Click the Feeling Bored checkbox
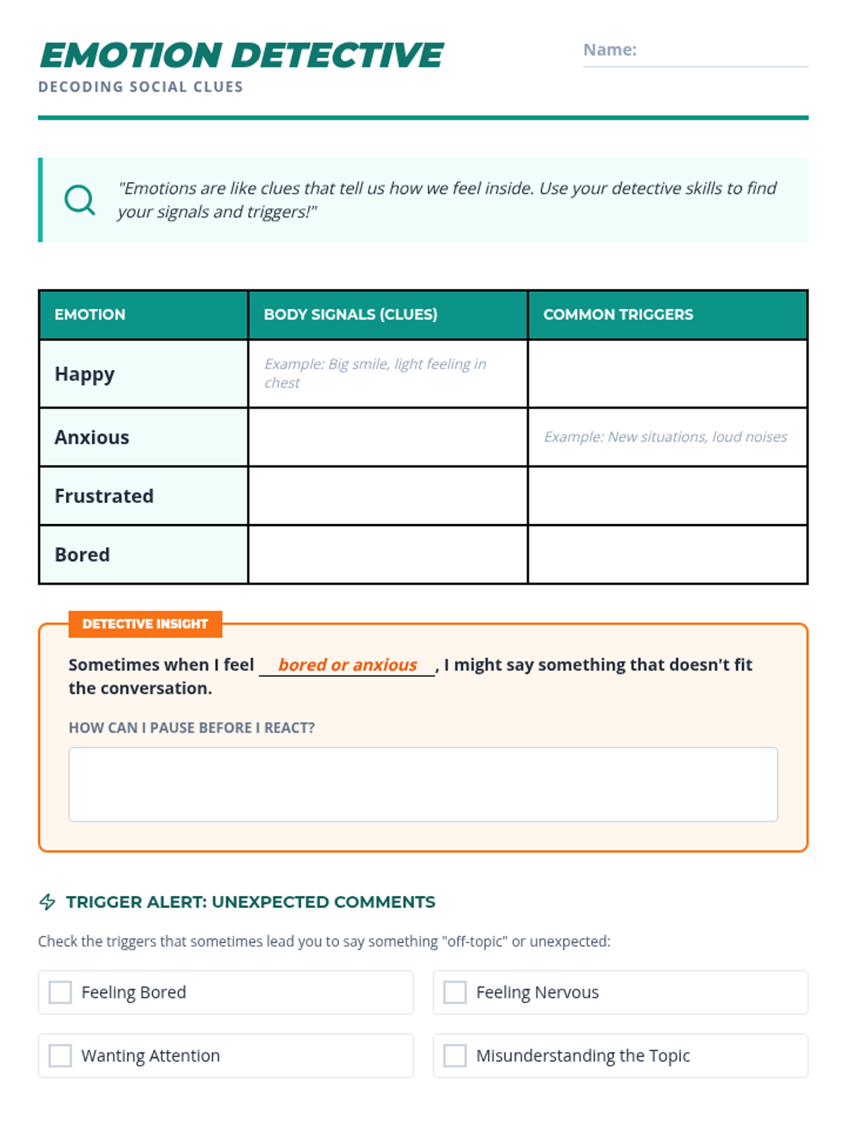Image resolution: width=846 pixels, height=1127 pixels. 61,992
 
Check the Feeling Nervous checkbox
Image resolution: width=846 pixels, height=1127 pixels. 455,992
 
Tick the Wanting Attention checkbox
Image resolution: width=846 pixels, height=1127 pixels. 61,1056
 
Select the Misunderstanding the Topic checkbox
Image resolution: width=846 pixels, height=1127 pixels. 455,1056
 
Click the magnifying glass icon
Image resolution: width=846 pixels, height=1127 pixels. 80,200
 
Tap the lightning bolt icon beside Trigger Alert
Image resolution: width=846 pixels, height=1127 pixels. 47,902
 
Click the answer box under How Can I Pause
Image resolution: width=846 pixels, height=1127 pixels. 423,784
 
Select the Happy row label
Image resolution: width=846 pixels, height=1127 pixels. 85,374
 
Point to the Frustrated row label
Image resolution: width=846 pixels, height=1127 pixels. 104,496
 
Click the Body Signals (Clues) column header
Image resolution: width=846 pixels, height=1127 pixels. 350,315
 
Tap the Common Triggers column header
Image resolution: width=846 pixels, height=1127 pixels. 618,315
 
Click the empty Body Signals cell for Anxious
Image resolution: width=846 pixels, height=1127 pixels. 388,437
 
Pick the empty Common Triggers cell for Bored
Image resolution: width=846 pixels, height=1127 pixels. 667,554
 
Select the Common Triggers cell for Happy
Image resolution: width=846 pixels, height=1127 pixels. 667,374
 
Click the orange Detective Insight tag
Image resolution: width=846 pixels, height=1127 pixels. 145,624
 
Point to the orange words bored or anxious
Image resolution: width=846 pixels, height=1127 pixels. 348,665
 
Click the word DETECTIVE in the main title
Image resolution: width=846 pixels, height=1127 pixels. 338,56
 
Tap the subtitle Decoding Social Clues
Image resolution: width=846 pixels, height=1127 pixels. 141,87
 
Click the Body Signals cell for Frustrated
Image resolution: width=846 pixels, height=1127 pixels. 388,496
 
